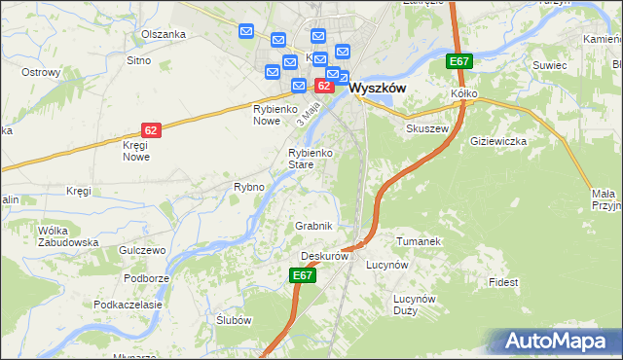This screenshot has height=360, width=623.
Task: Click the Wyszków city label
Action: (x=377, y=87)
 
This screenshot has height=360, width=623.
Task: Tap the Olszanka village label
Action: (x=163, y=34)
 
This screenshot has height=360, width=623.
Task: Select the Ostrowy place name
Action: (x=41, y=72)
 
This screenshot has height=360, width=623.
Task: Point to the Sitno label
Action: (x=138, y=60)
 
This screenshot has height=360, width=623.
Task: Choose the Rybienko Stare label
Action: (x=313, y=159)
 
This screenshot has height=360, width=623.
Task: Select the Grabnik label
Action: (x=314, y=226)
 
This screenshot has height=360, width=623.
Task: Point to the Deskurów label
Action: (x=324, y=256)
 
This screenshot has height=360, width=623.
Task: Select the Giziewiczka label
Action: (x=497, y=141)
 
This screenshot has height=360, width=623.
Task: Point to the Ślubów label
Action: (x=235, y=321)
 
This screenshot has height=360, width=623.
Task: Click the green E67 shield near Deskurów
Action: (x=303, y=276)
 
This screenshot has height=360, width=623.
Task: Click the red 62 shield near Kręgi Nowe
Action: (x=150, y=129)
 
